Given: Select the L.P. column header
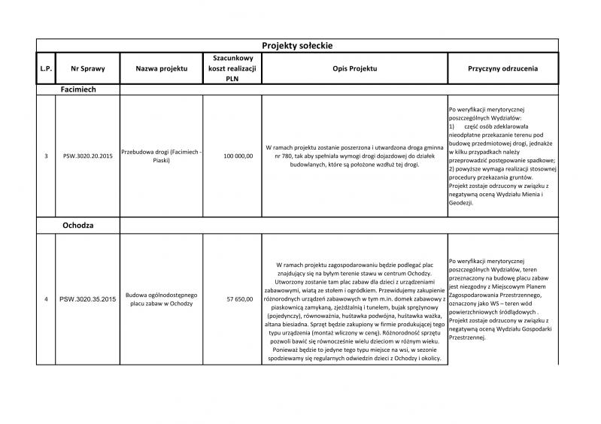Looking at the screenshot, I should click(45, 68).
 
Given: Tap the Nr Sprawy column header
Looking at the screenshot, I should click(87, 68).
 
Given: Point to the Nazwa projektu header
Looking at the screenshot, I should click(161, 68).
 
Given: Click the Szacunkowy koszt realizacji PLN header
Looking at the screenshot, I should click(232, 68).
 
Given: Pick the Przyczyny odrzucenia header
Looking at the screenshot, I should click(502, 68).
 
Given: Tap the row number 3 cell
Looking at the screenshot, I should click(45, 156).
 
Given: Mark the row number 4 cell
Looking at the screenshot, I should click(45, 299).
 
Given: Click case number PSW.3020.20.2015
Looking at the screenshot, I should click(87, 156).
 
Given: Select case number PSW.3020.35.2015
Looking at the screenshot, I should click(87, 299).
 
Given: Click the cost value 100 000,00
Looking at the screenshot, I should click(238, 156).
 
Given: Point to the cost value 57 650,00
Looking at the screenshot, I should click(240, 299).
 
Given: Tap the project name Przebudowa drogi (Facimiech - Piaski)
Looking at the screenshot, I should click(161, 156).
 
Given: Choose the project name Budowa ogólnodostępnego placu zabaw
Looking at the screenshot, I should click(161, 299).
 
